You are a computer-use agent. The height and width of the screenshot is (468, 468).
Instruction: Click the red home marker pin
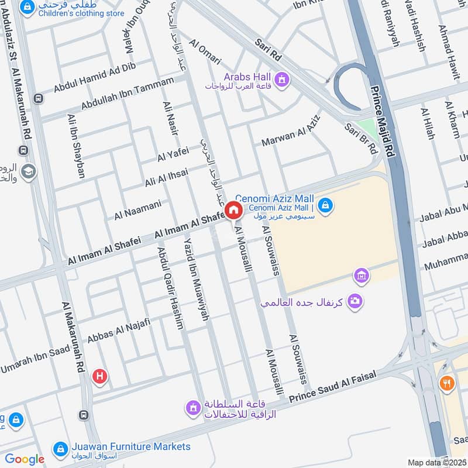[x=233, y=211]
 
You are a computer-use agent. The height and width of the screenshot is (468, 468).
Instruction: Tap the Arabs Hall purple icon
[x=282, y=78]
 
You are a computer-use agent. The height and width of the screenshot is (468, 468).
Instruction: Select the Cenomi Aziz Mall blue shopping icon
[x=326, y=205]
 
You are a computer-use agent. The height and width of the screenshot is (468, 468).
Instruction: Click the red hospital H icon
[x=100, y=377]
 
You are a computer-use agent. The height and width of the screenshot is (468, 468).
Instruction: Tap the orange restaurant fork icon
[x=446, y=383]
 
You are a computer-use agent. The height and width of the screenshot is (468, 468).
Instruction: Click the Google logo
[x=25, y=459]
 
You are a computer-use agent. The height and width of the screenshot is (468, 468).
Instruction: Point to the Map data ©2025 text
[x=436, y=462]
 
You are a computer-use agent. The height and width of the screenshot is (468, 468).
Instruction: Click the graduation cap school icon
[x=27, y=171]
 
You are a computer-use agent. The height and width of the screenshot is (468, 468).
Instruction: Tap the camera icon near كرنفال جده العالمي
[x=354, y=301]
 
